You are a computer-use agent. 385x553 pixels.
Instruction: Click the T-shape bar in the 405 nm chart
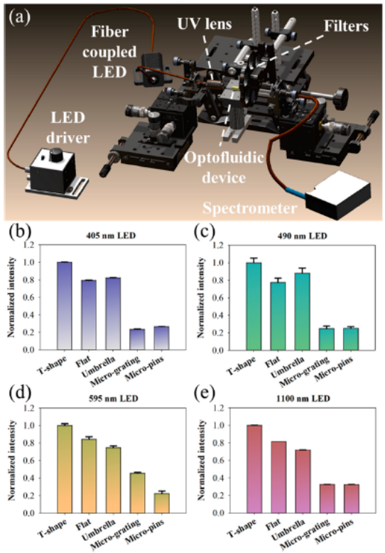64,306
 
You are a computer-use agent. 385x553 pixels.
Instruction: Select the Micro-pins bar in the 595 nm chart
161,503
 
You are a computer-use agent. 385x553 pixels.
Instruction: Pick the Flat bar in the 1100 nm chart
278,477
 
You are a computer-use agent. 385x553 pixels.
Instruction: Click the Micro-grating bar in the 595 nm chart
137,493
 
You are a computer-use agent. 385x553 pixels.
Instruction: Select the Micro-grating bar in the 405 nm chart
137,339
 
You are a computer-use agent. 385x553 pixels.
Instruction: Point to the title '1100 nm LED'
303,399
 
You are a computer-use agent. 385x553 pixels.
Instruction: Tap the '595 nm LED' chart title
112,399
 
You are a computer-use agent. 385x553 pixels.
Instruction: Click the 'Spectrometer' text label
249,208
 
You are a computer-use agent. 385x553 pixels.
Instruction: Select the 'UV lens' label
205,24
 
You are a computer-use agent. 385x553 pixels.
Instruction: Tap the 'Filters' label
346,26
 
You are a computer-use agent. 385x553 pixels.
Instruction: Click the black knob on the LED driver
55,155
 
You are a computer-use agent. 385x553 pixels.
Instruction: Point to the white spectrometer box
338,195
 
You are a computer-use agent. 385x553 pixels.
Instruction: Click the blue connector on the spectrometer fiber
295,191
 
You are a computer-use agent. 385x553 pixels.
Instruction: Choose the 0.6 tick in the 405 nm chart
30,297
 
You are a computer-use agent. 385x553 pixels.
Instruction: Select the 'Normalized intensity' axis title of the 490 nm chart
201,298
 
